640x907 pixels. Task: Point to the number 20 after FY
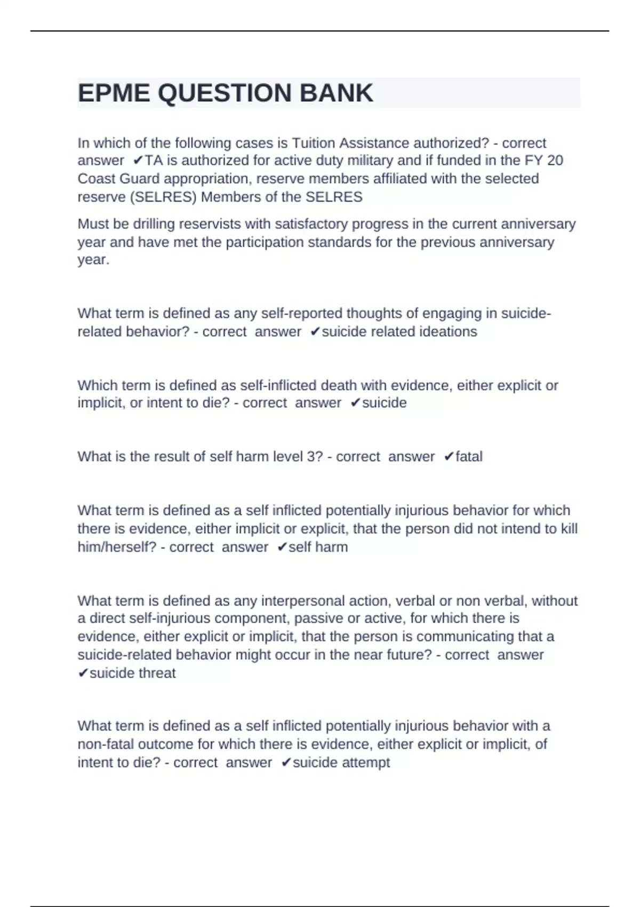(555, 161)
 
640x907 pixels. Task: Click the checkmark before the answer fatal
(449, 457)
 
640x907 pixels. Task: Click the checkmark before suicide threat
(83, 673)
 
